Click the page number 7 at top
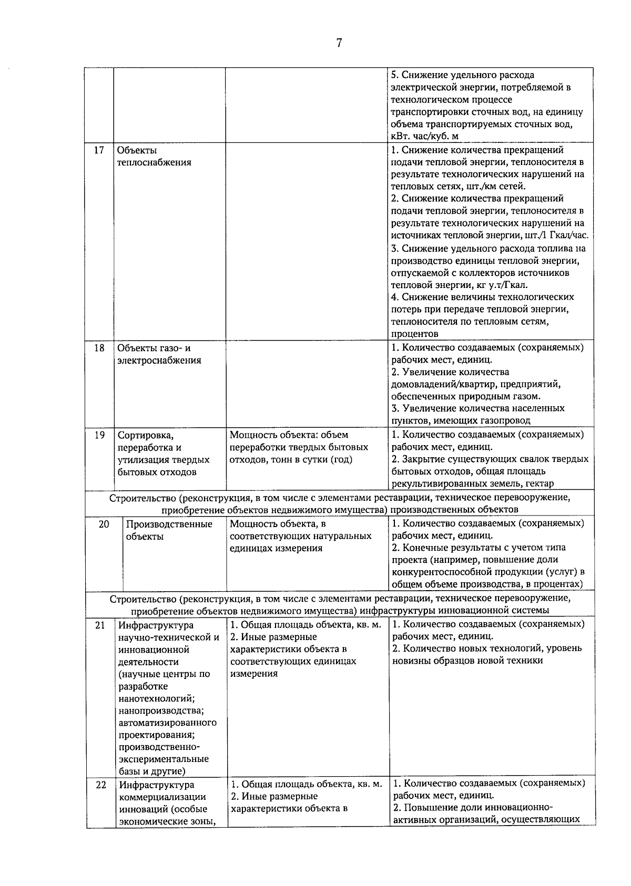tap(339, 43)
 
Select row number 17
tap(99, 150)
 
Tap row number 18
tap(99, 348)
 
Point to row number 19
tap(99, 435)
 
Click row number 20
tap(104, 524)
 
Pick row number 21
tap(100, 625)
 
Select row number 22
tap(100, 785)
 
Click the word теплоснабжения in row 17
tap(154, 162)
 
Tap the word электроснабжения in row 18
tap(159, 360)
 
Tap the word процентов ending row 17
tap(414, 334)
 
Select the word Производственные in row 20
tap(169, 524)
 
